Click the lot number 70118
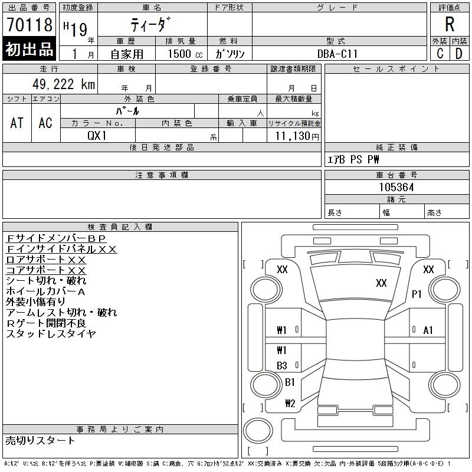tap(28, 25)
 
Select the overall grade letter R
tap(450, 25)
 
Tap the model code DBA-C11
tap(339, 54)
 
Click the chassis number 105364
tap(396, 187)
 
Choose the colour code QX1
tap(97, 135)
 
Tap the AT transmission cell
tap(17, 123)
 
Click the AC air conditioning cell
tap(45, 123)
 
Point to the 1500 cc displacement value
tap(178, 54)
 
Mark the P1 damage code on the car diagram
tap(417, 294)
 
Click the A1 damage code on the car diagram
tap(428, 330)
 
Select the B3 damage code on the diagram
tap(282, 366)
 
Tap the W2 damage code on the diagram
tap(290, 404)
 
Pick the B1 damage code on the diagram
tap(290, 382)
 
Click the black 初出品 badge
tap(29, 50)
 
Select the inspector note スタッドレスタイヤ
tap(51, 334)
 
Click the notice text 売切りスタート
tap(41, 440)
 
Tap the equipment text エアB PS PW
tap(353, 159)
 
